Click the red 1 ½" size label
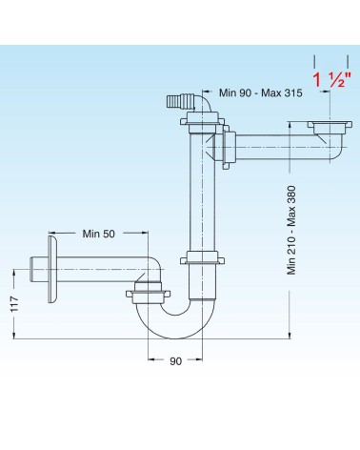point(331,79)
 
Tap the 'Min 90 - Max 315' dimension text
point(260,92)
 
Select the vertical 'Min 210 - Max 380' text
point(291,230)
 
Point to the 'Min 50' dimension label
point(98,234)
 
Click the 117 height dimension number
point(15,304)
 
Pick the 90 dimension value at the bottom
point(175,361)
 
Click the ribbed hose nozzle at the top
point(180,101)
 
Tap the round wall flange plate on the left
point(52,269)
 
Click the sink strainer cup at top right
point(330,128)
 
